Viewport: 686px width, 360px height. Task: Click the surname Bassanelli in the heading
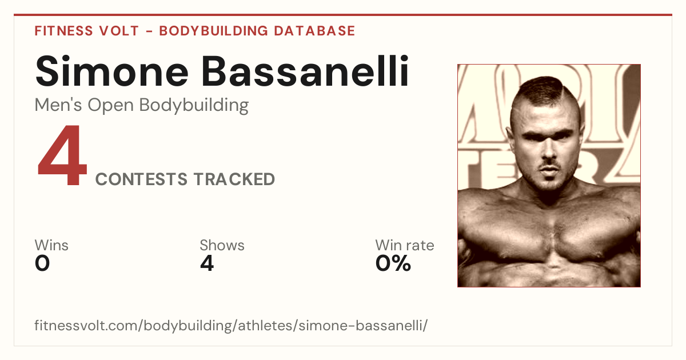click(305, 71)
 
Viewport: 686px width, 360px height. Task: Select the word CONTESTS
click(141, 179)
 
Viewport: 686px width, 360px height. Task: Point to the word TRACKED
click(234, 179)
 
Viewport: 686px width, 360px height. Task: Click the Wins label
click(51, 245)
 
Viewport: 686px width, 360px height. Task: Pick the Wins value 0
click(42, 263)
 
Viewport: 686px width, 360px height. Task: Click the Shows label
click(222, 245)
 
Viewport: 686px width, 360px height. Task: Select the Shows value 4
click(207, 263)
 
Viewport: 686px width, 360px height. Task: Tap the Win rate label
click(405, 245)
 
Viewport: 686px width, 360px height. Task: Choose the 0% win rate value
click(393, 263)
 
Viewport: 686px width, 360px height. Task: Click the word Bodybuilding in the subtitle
click(194, 106)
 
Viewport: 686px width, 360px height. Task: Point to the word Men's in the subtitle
click(58, 105)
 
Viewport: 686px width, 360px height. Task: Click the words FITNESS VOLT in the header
click(87, 31)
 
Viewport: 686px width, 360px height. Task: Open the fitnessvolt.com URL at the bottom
click(231, 325)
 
